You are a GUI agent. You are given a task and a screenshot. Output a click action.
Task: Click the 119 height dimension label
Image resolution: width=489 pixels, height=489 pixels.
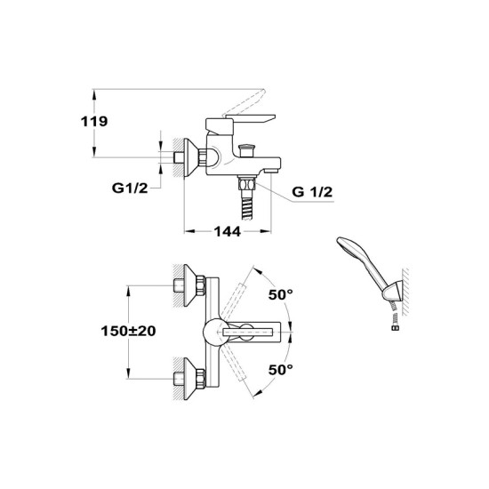point(94,121)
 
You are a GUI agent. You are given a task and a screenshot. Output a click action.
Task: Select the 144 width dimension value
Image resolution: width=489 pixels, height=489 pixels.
point(228,231)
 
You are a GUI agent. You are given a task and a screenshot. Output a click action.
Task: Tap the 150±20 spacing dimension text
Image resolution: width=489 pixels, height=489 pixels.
point(128,331)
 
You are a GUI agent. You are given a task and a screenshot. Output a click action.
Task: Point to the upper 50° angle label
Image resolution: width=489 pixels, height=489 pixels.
point(281,294)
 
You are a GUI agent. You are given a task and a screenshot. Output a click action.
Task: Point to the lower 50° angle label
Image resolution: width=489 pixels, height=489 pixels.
point(281,370)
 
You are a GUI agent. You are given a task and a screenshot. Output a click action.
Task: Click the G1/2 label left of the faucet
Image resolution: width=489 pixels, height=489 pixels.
point(130,188)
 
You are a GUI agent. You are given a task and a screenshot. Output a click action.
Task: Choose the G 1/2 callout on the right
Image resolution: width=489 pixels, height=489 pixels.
point(312,192)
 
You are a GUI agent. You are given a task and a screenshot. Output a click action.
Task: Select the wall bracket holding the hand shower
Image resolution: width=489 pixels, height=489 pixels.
point(394,292)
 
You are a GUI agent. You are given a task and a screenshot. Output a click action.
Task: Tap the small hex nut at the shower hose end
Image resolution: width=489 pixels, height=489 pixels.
point(396,327)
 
